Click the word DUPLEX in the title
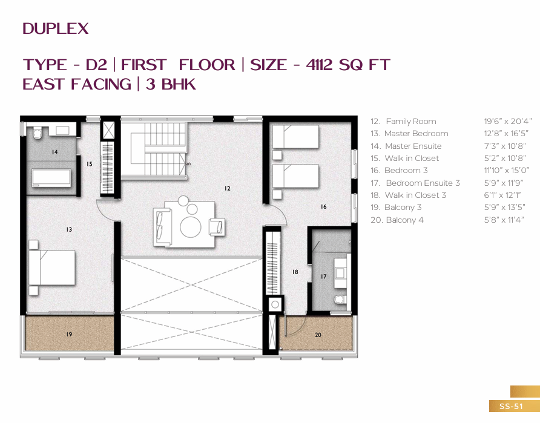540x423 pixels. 56,29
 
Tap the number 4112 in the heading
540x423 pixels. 319,65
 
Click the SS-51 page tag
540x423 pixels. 511,406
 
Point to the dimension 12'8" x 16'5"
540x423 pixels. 506,134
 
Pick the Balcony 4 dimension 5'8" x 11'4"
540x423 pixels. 504,220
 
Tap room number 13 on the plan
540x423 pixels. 69,229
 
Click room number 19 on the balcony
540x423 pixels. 69,334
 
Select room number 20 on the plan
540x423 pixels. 318,335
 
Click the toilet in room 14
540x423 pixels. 37,133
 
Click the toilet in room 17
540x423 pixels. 340,299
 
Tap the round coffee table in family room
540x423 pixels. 191,227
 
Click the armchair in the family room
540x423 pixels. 217,227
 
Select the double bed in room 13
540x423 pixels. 52,267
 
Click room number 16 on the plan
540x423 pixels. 323,206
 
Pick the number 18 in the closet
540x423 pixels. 295,272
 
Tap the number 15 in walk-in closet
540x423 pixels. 89,164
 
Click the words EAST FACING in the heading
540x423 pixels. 77,84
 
